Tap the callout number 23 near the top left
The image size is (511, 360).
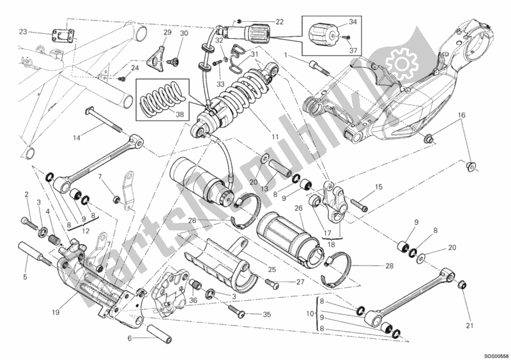click(x=23, y=32)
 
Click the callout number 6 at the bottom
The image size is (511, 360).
click(x=129, y=338)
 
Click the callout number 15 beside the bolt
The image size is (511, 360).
click(x=378, y=187)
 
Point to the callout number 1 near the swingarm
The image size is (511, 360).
click(x=296, y=56)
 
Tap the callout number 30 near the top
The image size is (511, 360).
click(x=183, y=33)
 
